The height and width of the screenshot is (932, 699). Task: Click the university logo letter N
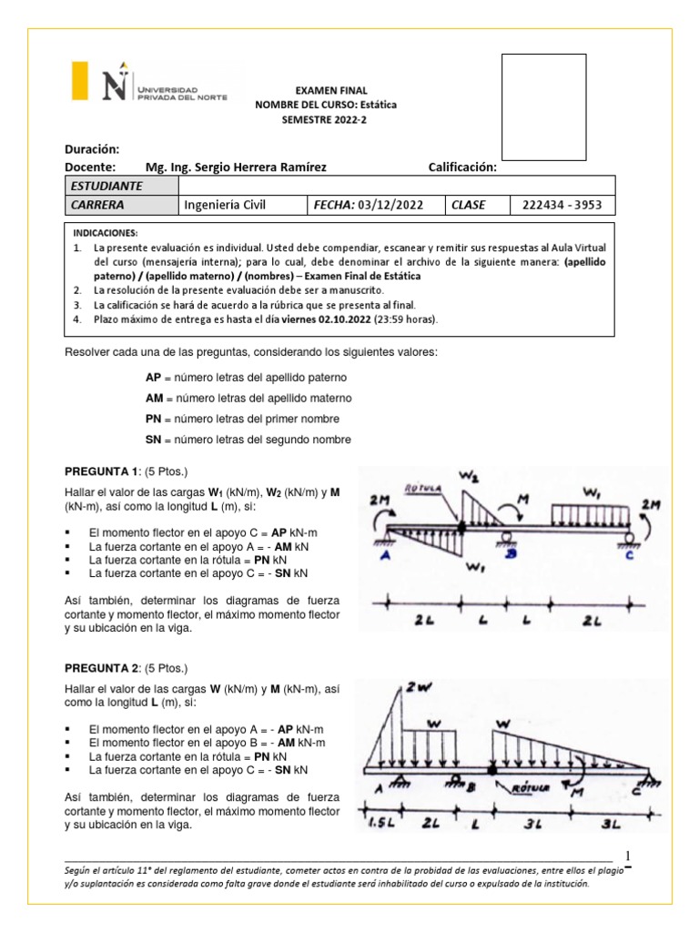point(114,86)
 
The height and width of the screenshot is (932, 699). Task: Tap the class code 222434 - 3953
point(562,205)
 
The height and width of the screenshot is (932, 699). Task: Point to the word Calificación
point(462,167)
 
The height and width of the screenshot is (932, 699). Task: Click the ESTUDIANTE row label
point(107,186)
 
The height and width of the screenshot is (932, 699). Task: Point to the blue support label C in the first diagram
point(630,559)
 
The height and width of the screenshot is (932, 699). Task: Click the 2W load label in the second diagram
point(418,689)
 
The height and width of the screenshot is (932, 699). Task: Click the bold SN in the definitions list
point(153,440)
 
